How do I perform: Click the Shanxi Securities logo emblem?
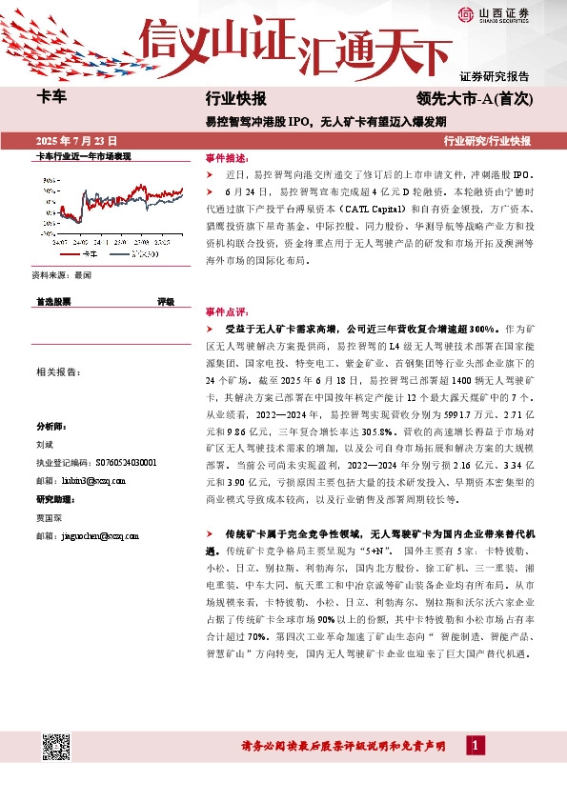coord(466,12)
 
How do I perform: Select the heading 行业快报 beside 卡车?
coord(235,98)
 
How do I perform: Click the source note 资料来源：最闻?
coord(61,274)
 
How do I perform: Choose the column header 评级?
coord(166,301)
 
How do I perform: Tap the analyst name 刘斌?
coord(45,444)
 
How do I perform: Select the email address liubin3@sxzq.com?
coord(86,480)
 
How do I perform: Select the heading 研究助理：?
coord(54,498)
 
